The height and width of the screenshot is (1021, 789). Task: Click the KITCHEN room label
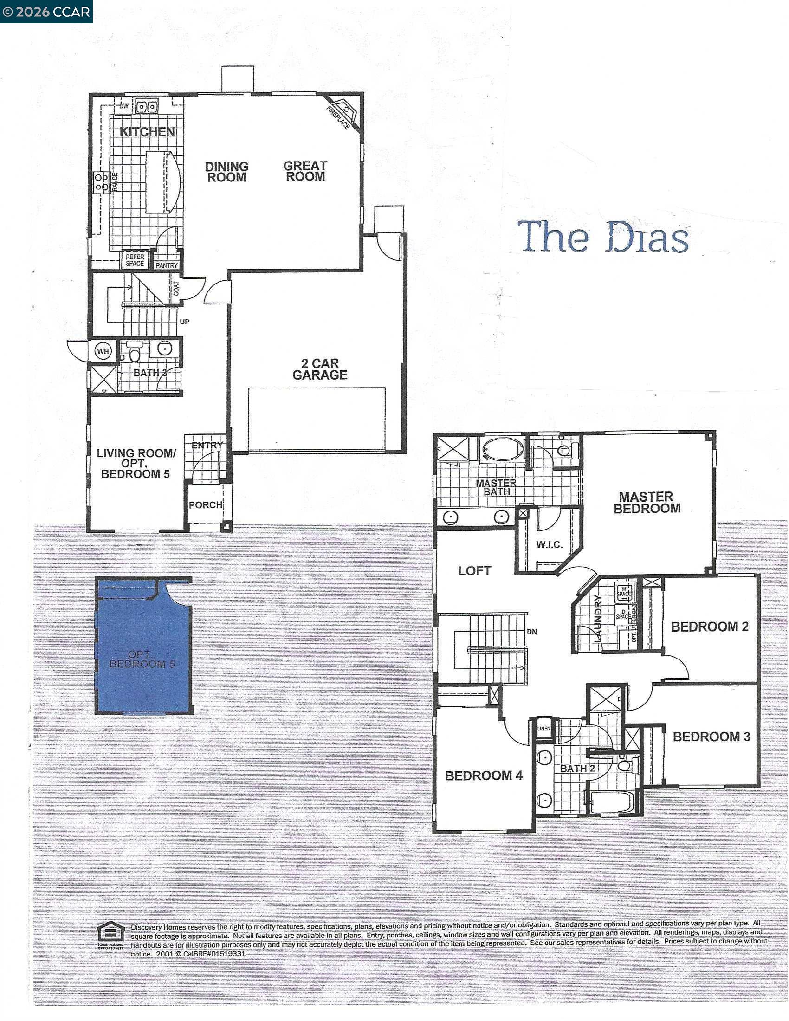click(147, 132)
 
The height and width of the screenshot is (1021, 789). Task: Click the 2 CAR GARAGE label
click(320, 369)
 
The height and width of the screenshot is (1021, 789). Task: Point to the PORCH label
click(205, 505)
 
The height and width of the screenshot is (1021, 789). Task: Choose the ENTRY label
click(207, 446)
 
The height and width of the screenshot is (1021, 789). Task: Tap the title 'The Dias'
click(603, 237)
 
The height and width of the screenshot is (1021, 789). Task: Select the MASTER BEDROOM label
click(647, 503)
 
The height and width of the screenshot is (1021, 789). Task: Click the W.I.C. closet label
click(549, 545)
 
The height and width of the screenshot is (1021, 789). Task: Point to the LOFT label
click(474, 570)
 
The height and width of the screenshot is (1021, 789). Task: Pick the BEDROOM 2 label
click(710, 627)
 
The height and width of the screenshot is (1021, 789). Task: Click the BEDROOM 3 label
click(711, 737)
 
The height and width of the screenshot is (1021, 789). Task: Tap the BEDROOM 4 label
click(483, 775)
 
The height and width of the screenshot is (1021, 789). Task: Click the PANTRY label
click(167, 265)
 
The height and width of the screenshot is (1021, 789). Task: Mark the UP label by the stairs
click(185, 322)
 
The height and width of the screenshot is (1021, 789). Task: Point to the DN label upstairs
click(532, 632)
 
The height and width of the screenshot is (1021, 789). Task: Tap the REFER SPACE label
click(135, 260)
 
